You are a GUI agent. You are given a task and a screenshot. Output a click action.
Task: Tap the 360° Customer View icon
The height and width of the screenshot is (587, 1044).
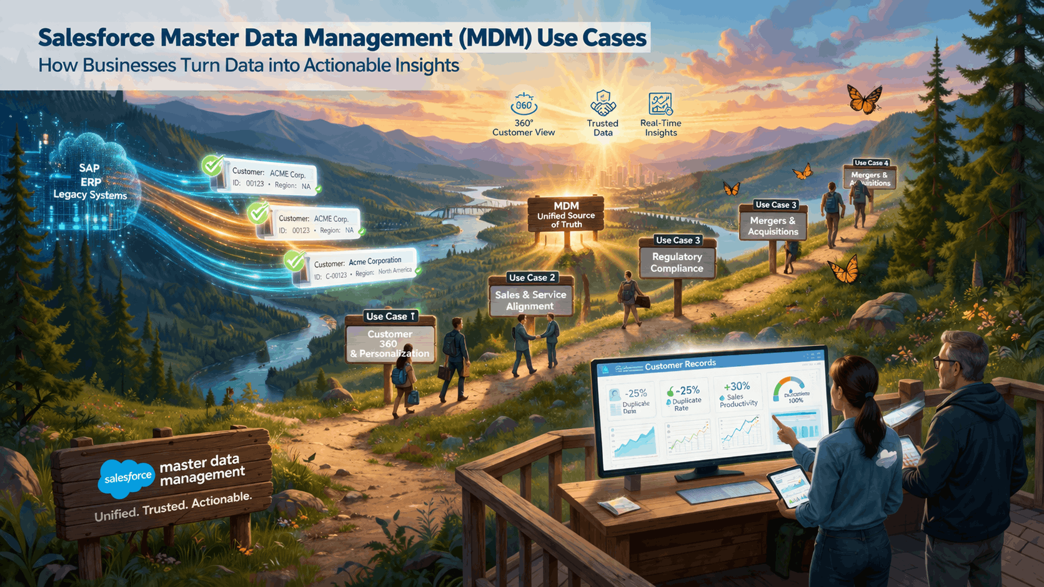click(524, 104)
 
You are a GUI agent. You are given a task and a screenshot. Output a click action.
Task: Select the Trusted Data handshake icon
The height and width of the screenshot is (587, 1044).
click(603, 104)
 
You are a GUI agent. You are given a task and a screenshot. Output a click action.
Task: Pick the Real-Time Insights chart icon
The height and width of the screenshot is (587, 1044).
click(660, 104)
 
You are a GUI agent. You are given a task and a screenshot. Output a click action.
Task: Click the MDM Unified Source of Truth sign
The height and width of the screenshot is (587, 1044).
click(566, 214)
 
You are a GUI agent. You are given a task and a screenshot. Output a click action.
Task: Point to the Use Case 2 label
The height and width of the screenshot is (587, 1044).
click(532, 277)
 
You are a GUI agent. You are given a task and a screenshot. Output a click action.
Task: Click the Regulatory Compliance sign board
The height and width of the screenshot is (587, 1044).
click(677, 262)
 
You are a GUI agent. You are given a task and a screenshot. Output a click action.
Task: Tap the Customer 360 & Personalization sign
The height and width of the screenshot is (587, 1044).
click(390, 343)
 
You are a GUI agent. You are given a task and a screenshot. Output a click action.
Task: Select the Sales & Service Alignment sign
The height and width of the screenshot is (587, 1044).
click(530, 300)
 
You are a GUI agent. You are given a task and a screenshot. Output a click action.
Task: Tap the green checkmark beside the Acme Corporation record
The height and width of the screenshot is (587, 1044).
click(294, 260)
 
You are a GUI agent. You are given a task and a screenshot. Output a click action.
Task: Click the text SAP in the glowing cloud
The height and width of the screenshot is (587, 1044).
click(89, 168)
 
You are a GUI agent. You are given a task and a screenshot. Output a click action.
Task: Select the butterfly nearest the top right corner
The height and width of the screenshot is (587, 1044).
click(864, 99)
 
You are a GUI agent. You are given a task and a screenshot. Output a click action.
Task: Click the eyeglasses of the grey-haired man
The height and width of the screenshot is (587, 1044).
click(942, 362)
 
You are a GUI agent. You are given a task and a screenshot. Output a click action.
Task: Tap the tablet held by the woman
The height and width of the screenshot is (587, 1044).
click(788, 486)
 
